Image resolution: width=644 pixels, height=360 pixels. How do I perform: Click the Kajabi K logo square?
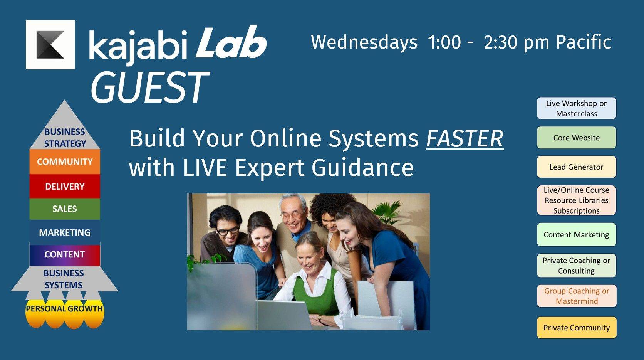pyautogui.click(x=50, y=45)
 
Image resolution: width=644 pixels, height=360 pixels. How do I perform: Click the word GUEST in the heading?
pyautogui.click(x=149, y=87)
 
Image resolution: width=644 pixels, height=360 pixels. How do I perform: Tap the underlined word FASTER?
pyautogui.click(x=465, y=139)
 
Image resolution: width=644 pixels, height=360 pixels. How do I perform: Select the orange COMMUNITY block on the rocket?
pyautogui.click(x=65, y=161)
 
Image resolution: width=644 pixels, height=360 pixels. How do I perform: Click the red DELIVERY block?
pyautogui.click(x=65, y=186)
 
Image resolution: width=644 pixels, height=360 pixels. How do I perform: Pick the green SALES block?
pyautogui.click(x=65, y=209)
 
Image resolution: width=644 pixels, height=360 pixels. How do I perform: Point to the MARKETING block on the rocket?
pyautogui.click(x=65, y=232)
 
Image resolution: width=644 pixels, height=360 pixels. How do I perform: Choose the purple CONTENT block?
pyautogui.click(x=65, y=255)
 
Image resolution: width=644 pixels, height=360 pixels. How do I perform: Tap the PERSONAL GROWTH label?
pyautogui.click(x=64, y=309)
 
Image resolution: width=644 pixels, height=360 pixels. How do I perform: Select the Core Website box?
pyautogui.click(x=577, y=138)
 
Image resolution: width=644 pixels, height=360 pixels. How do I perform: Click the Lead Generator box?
pyautogui.click(x=577, y=167)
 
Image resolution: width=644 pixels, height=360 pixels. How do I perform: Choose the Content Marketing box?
pyautogui.click(x=577, y=234)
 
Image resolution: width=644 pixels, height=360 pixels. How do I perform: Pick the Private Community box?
pyautogui.click(x=577, y=328)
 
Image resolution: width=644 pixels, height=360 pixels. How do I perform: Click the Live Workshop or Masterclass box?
pyautogui.click(x=577, y=108)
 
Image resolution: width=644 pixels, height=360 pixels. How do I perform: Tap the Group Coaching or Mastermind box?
pyautogui.click(x=577, y=296)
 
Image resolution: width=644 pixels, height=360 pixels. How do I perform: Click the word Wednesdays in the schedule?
pyautogui.click(x=364, y=42)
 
